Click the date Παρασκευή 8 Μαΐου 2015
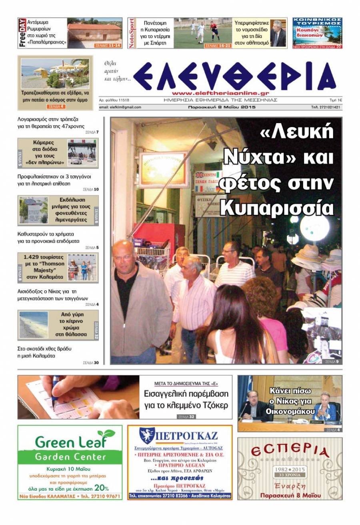pos(222,107)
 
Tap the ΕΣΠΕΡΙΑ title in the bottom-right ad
pos(290,451)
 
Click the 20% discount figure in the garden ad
pos(101,488)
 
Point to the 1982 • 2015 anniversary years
pos(290,469)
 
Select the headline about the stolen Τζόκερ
pos(186,399)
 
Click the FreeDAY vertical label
pos(22,33)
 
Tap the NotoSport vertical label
pos(132,33)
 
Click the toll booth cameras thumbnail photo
pos(82,153)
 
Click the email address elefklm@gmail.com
pos(120,107)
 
